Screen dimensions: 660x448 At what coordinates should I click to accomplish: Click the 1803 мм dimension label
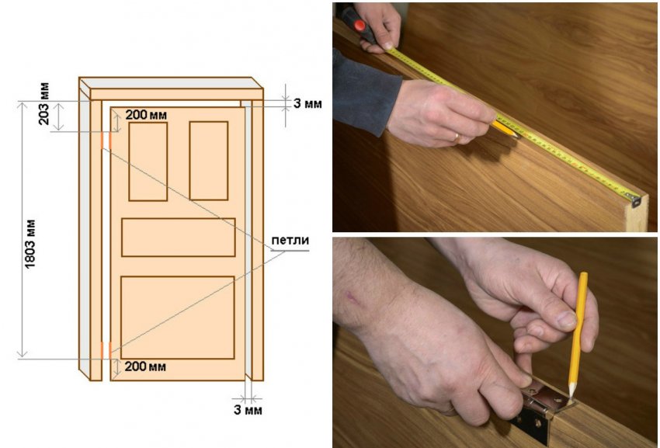[30, 244]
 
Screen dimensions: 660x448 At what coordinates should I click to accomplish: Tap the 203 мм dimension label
[43, 104]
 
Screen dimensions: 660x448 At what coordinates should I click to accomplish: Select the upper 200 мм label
[146, 115]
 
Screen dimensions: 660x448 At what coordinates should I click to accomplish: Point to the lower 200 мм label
[145, 366]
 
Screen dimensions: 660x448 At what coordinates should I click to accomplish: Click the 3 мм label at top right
[307, 103]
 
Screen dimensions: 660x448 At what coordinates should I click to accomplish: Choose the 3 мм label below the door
[248, 410]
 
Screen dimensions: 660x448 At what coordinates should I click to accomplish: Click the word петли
[290, 241]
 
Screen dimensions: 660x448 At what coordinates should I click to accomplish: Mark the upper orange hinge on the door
[106, 141]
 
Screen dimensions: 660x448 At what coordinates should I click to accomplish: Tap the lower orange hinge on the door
[106, 350]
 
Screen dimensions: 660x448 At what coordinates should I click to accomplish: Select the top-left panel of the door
[148, 161]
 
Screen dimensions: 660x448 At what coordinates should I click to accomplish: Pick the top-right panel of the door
[209, 161]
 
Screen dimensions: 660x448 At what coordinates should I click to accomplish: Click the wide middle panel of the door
[179, 237]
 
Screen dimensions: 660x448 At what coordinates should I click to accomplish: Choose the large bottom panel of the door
[178, 318]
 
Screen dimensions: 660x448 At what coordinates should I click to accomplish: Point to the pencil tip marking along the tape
[517, 136]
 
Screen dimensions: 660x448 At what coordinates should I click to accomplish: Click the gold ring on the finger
[457, 137]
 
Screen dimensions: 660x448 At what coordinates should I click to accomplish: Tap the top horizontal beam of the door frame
[172, 89]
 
